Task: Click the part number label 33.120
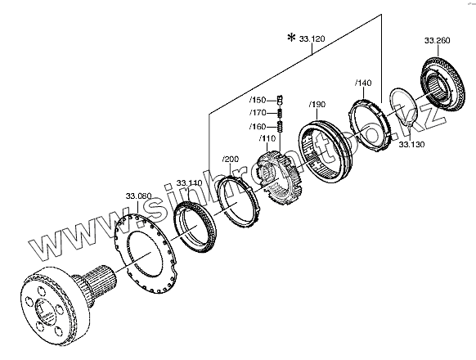(312, 39)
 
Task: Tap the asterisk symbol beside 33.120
(291, 38)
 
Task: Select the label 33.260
(437, 40)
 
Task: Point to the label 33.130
(411, 144)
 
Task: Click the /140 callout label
(363, 83)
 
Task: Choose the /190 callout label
(317, 105)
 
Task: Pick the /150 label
(258, 100)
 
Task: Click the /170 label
(258, 113)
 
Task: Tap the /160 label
(258, 126)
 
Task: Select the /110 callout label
(267, 138)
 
